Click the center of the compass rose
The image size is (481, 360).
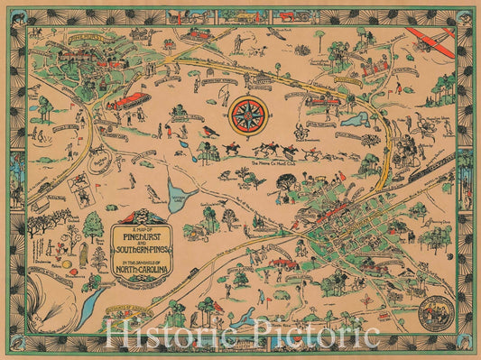[245, 115]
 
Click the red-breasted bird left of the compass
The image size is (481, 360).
[210, 132]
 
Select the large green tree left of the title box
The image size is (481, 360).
[93, 226]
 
